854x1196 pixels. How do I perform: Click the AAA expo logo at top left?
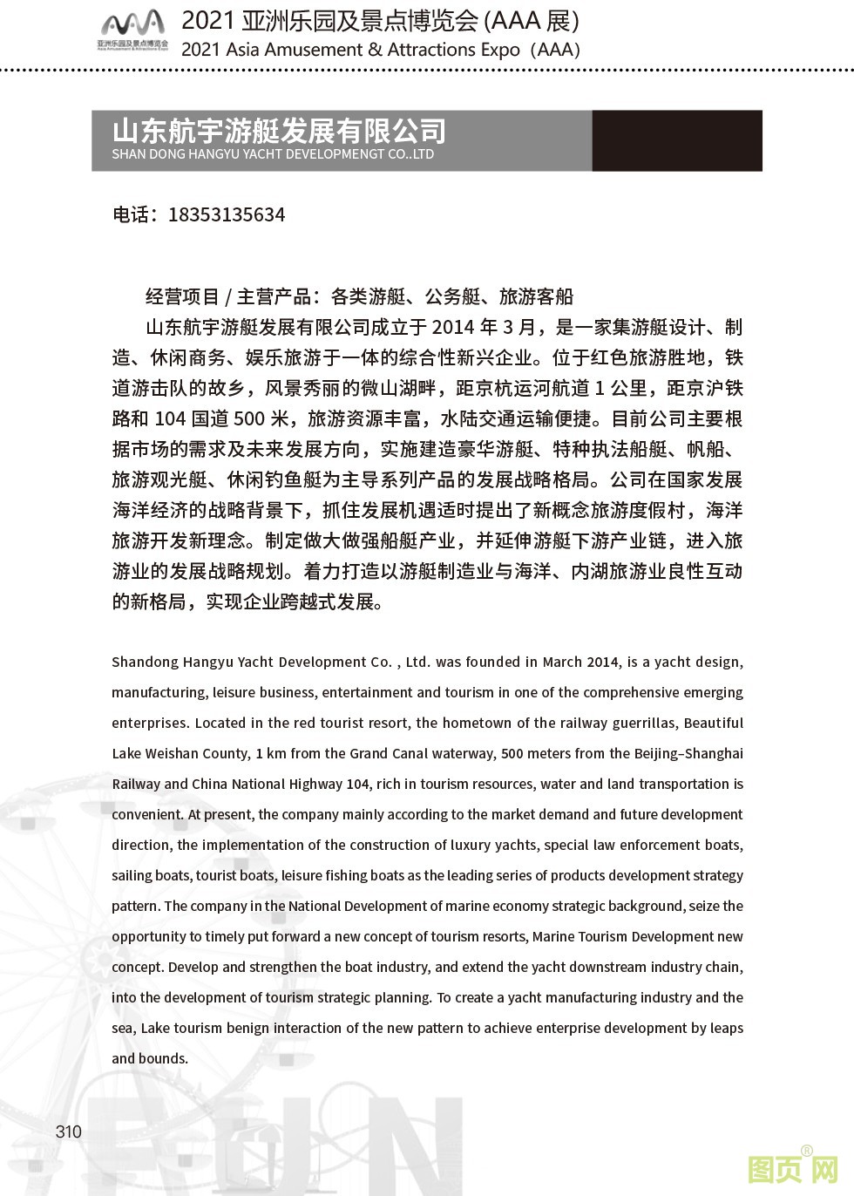point(132,30)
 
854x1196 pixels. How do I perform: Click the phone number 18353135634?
point(226,214)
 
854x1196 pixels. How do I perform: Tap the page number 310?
point(68,1131)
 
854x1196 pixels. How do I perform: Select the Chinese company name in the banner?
point(279,131)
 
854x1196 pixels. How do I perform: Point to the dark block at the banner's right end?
point(677,139)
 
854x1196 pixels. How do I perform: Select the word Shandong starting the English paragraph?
point(145,662)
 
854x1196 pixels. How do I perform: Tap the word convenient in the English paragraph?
point(147,814)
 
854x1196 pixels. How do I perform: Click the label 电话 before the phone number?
point(131,214)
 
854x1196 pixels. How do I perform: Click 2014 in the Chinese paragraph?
point(453,328)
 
